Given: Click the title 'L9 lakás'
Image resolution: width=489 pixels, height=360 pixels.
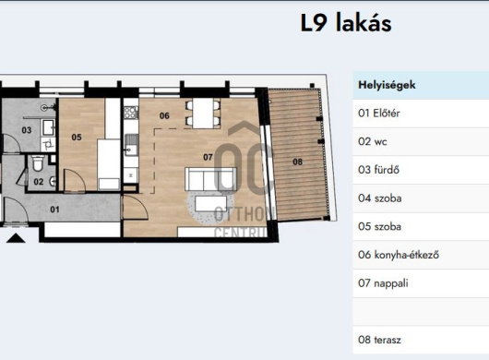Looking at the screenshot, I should [x=346, y=23].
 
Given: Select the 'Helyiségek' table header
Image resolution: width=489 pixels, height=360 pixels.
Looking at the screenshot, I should [x=387, y=85].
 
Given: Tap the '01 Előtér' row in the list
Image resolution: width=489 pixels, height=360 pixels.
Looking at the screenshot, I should [x=378, y=114].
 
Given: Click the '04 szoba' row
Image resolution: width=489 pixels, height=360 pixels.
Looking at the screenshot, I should [x=379, y=198].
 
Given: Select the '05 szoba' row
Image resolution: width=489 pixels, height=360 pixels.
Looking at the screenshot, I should [x=379, y=226].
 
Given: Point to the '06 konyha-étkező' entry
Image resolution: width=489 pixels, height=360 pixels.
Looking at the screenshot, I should [x=400, y=255].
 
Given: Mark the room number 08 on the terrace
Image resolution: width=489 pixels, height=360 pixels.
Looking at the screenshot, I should [x=297, y=162].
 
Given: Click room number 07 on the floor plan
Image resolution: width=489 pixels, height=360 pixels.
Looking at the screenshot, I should [x=209, y=157].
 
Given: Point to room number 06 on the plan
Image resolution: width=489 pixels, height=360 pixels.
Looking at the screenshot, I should [x=164, y=115].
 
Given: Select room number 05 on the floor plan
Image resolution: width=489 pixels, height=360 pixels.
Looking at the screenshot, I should [x=77, y=138].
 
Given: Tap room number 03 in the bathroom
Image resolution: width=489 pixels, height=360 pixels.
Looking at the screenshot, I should [x=27, y=130].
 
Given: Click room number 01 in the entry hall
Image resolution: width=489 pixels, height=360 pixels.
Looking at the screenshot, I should [x=54, y=210].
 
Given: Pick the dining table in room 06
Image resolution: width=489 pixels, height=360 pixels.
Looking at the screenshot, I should [x=202, y=113].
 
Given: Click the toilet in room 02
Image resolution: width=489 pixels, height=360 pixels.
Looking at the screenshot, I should [x=34, y=164].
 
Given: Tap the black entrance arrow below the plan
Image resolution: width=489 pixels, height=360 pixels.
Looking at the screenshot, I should [x=16, y=237].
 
